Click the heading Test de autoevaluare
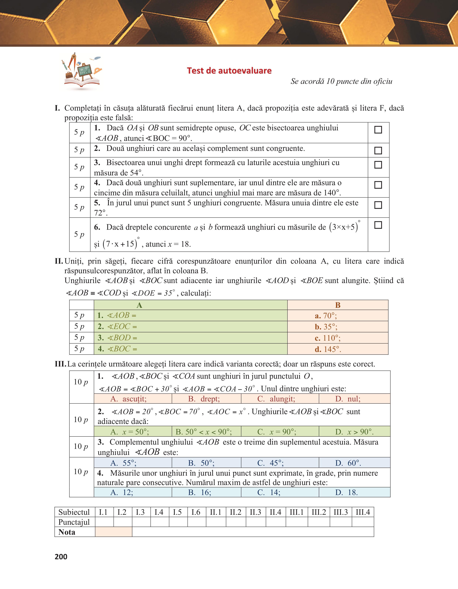point(229,71)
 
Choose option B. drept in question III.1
point(204,399)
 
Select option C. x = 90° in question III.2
point(277,432)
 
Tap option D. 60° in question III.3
point(348,463)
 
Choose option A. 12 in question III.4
point(122,492)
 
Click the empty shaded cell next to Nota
point(114,532)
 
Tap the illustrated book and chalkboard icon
point(82,71)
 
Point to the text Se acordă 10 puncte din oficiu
point(341,81)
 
